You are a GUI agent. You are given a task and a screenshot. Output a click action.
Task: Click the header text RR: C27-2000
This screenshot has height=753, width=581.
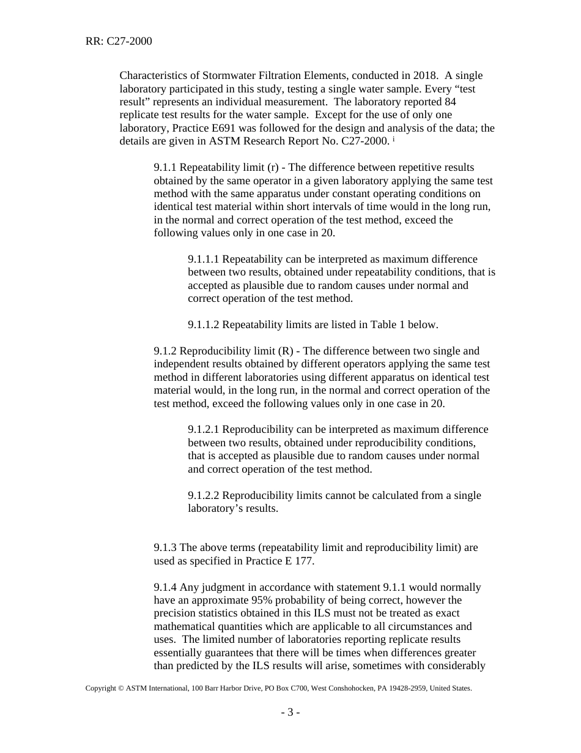[x=119, y=42]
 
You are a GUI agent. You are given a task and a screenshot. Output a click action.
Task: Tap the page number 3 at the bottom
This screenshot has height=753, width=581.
[x=290, y=712]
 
